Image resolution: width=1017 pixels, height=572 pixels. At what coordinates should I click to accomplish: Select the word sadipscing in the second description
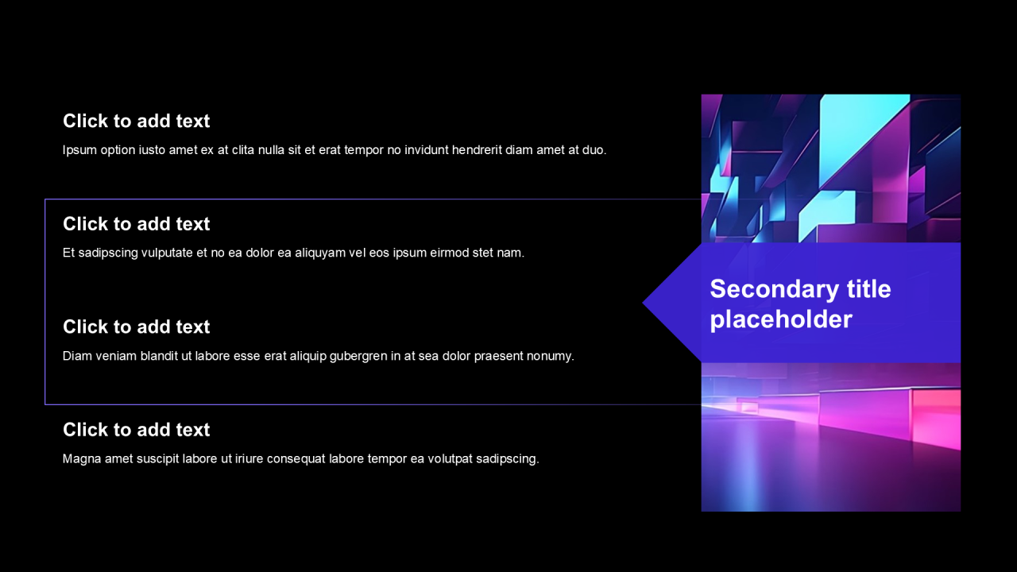pos(108,253)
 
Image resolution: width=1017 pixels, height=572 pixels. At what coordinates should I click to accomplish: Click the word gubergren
pos(358,357)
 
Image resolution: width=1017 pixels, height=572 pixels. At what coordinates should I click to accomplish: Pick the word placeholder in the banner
pos(781,319)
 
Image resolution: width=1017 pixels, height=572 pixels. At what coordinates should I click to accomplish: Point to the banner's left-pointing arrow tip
pos(643,303)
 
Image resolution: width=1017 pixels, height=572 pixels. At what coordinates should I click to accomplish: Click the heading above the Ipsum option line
pos(136,122)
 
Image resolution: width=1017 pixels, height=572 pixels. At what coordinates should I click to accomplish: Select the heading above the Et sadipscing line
pos(136,224)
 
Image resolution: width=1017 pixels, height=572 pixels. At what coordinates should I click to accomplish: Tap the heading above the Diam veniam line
pos(136,327)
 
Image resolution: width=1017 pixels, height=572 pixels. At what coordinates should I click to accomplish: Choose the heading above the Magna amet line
pos(136,430)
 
